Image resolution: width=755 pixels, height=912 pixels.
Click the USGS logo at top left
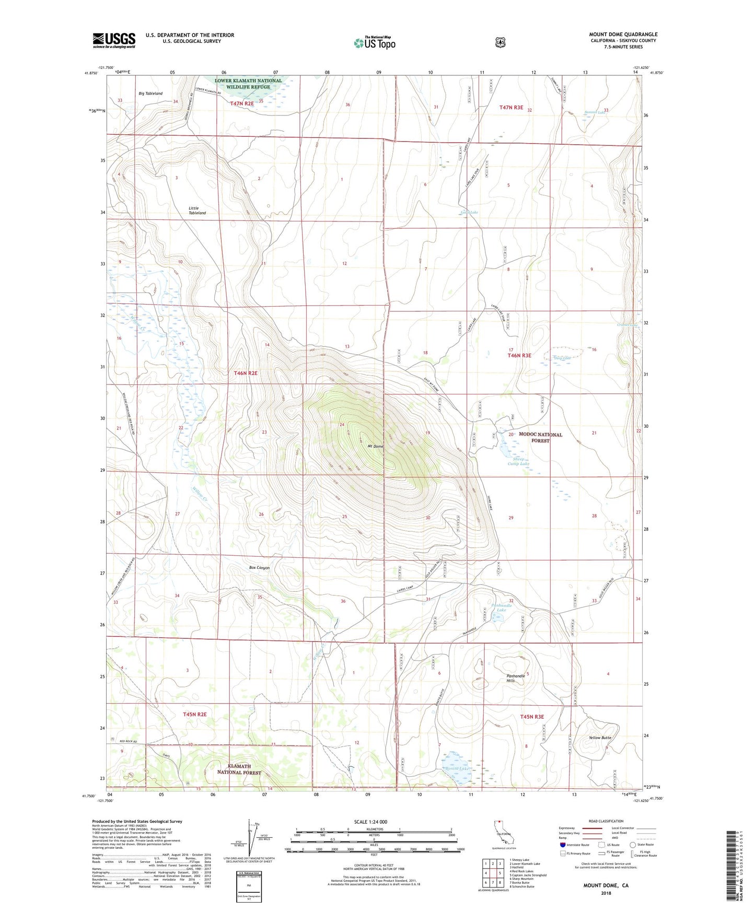point(114,40)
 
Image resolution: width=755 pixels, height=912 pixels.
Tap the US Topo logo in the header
point(374,43)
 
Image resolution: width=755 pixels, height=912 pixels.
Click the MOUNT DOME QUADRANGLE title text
point(623,34)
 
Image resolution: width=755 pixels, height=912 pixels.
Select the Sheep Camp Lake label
point(518,461)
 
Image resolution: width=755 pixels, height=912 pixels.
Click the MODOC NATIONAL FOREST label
point(540,437)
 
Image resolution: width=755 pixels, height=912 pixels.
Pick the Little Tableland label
point(197,211)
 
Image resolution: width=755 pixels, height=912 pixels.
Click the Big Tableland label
point(150,93)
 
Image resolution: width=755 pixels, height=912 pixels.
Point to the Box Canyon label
point(259,567)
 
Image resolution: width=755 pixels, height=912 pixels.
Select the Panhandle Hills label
point(516,679)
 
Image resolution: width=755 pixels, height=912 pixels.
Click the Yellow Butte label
point(600,738)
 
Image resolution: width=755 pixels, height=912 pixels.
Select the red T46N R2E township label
point(246,373)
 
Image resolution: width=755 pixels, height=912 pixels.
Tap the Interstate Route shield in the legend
point(562,845)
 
